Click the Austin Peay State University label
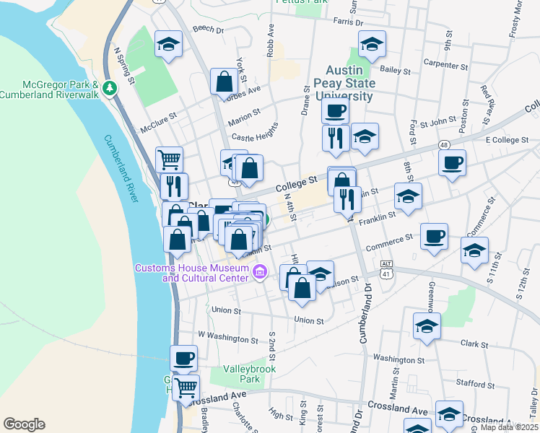click(349, 83)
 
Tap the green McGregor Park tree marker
click(110, 88)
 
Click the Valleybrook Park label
click(240, 373)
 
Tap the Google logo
click(24, 424)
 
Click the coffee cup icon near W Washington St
click(183, 357)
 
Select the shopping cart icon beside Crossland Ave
click(186, 388)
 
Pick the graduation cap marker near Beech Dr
click(168, 43)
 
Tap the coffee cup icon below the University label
click(334, 111)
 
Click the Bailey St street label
click(395, 71)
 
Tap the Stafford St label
click(474, 383)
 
